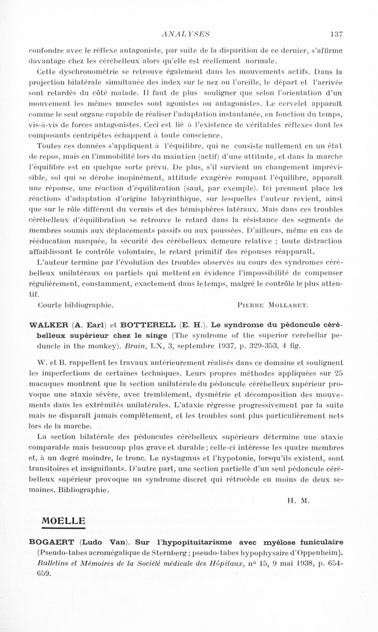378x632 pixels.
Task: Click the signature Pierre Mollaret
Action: [x=271, y=305]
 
